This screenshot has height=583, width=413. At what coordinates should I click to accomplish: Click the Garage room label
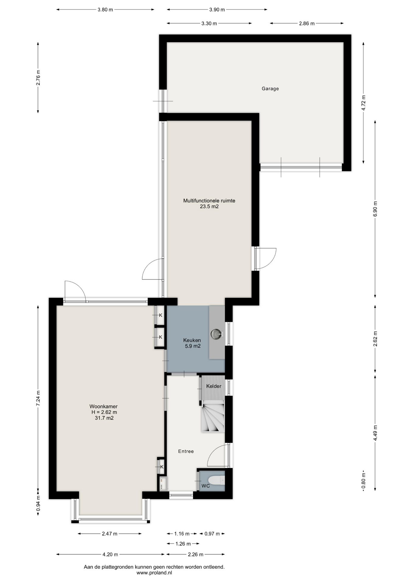click(x=270, y=89)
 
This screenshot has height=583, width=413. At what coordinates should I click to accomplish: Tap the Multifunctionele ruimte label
click(x=209, y=201)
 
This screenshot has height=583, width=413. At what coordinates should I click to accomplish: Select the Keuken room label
click(x=192, y=340)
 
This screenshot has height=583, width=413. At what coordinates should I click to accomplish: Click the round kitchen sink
click(x=217, y=334)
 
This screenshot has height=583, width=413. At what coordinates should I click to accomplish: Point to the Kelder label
click(x=213, y=386)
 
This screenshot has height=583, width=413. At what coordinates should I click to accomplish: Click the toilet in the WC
click(x=218, y=480)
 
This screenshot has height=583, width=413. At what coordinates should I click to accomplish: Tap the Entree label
click(x=186, y=452)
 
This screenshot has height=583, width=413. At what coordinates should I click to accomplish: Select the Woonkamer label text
click(x=103, y=407)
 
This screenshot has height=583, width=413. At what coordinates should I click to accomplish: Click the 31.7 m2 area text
click(x=104, y=418)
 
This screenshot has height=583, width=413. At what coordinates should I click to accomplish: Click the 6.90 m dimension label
click(x=375, y=209)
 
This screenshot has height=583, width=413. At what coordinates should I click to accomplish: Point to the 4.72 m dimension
click(x=363, y=103)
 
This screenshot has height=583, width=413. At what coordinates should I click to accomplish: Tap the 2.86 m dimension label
click(x=307, y=23)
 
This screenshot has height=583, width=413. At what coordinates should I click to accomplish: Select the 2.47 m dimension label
click(x=109, y=534)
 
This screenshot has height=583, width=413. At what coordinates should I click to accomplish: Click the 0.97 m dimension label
click(x=212, y=534)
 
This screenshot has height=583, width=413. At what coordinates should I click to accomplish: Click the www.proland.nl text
click(x=154, y=573)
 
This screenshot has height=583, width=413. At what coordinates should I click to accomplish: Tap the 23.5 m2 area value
click(x=209, y=206)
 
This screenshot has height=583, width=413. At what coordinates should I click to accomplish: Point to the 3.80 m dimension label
click(x=105, y=10)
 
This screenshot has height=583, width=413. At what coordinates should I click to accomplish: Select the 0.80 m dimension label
click(x=363, y=481)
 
